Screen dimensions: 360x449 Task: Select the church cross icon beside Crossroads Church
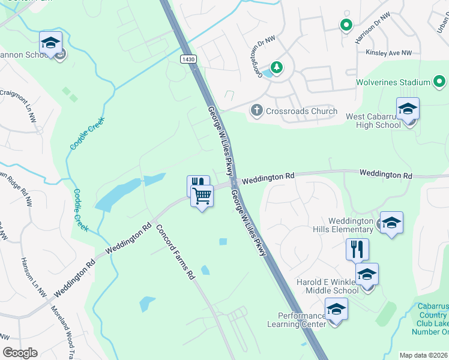click(256, 110)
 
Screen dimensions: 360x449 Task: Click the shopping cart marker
click(202, 195)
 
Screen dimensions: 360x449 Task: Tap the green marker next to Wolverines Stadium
click(441, 82)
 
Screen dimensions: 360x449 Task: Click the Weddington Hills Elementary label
click(351, 225)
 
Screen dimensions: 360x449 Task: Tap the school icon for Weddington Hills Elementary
click(391, 223)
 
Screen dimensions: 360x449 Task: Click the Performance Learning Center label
click(301, 320)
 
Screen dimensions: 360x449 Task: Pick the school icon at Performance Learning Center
click(336, 310)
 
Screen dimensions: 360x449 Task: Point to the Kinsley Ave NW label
click(389, 53)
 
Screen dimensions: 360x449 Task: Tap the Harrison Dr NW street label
click(372, 28)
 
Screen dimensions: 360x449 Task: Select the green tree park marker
click(276, 67)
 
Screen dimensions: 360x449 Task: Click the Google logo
click(20, 353)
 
